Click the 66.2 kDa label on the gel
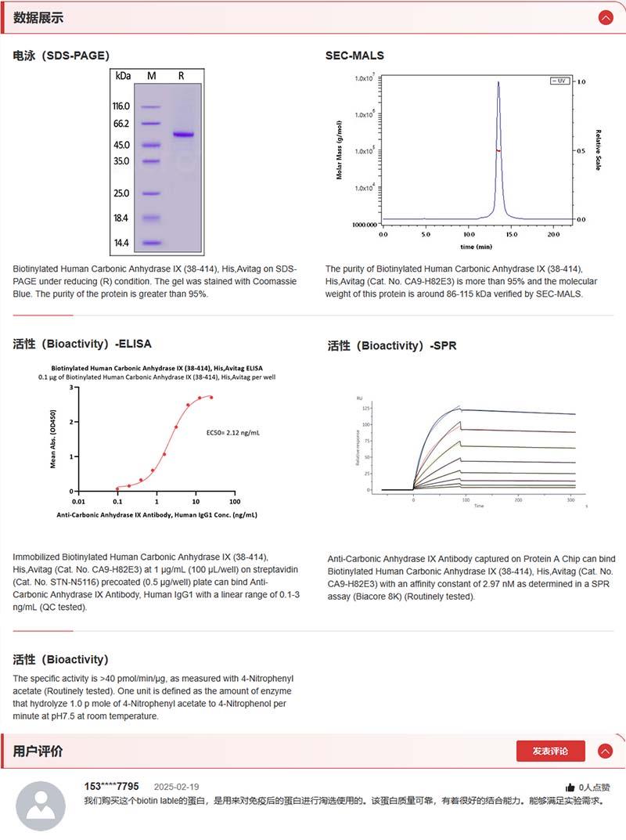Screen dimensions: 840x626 [x=121, y=124]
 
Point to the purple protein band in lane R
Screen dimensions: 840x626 [x=183, y=135]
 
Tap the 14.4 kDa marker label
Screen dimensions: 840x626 [x=121, y=243]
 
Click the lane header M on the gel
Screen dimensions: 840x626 [x=152, y=76]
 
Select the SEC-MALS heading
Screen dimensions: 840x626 [x=354, y=56]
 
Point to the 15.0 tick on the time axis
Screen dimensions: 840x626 [x=511, y=234]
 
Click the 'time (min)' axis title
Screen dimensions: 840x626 [x=476, y=246]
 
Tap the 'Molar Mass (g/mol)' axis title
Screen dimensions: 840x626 [x=340, y=150]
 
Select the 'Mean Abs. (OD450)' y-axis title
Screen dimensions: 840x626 [x=53, y=438]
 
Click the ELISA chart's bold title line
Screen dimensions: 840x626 [x=156, y=367]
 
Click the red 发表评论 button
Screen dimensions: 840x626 [x=550, y=751]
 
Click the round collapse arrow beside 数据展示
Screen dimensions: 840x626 [x=605, y=17]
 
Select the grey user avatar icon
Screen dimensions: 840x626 [x=41, y=806]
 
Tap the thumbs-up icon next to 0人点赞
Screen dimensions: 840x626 [x=570, y=788]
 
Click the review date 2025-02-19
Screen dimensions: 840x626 [x=176, y=787]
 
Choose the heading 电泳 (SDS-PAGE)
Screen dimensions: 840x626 [x=61, y=56]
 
